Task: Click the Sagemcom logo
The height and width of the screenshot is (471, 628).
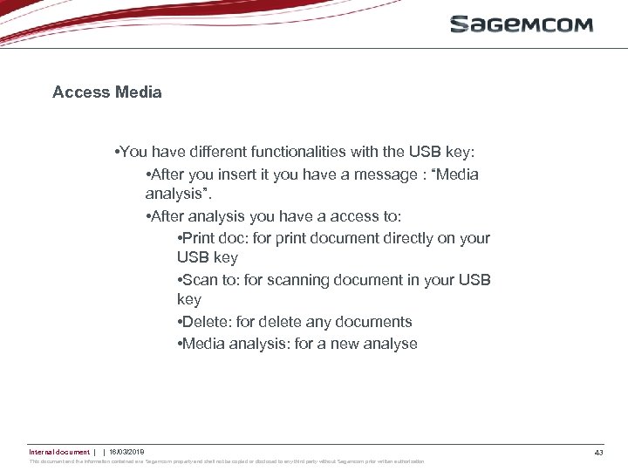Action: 521,24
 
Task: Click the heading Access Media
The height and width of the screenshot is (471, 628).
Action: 106,92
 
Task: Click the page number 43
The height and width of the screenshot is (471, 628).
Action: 598,452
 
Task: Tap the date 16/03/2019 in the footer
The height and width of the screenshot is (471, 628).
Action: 126,452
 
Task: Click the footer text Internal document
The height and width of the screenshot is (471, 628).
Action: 58,452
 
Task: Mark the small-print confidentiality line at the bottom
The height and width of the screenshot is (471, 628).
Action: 227,461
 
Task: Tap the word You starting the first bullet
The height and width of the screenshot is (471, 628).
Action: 134,152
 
